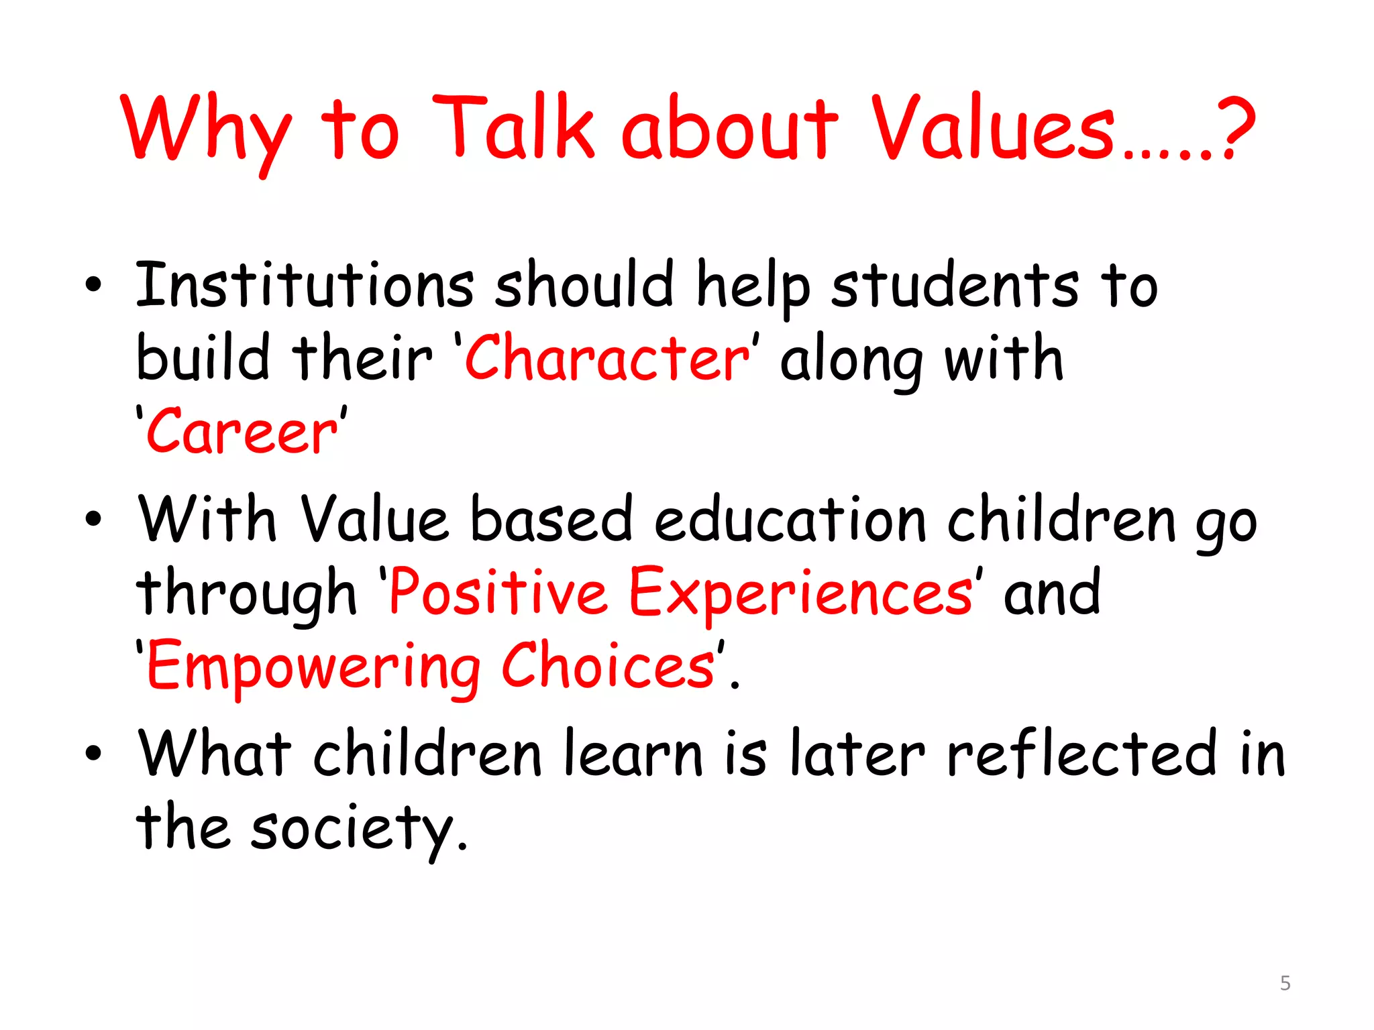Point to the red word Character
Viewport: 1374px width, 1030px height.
[x=607, y=359]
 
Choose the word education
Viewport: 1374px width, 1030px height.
[x=790, y=520]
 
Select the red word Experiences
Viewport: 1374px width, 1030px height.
[x=800, y=593]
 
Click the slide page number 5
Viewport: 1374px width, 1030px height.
[x=1285, y=983]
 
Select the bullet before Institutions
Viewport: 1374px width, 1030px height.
[x=93, y=285]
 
